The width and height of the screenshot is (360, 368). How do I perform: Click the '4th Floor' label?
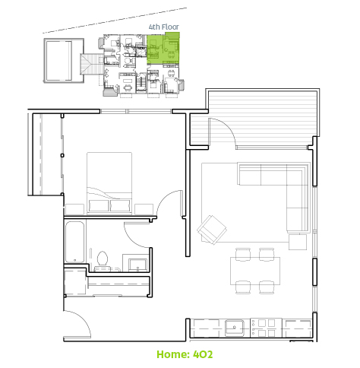(164, 27)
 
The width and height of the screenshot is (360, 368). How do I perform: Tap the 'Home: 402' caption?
(185, 354)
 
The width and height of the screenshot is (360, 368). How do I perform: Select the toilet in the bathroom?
(103, 261)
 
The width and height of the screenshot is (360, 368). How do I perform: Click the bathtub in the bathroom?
(74, 243)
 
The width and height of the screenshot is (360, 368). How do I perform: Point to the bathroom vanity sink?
(137, 265)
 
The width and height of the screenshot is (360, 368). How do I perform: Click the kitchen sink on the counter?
(235, 328)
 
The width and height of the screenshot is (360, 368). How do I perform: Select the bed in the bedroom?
(109, 183)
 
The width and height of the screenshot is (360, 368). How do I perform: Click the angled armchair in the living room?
(212, 230)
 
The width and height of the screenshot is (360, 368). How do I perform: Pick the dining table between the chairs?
(255, 271)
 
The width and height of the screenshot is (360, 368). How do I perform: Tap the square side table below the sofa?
(298, 242)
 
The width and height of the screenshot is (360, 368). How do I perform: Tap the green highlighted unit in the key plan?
(163, 49)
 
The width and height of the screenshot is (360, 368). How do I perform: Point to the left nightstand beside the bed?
(74, 209)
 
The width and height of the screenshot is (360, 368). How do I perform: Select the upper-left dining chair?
(243, 254)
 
